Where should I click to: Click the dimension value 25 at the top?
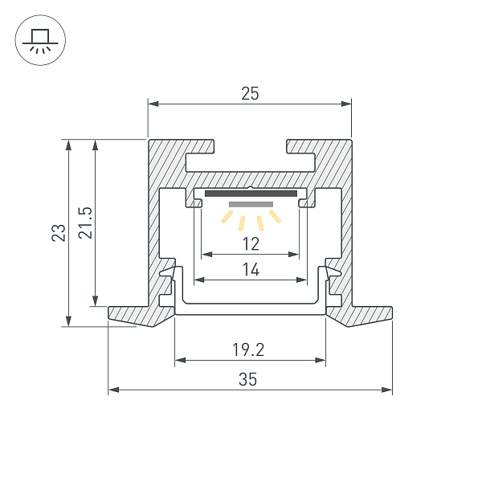click(250, 94)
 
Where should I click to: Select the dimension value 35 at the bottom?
click(248, 380)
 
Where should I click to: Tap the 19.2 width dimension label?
click(249, 349)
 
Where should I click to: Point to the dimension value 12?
click(251, 243)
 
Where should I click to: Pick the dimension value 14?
click(251, 270)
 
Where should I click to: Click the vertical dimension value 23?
click(58, 233)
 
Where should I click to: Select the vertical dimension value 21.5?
click(85, 223)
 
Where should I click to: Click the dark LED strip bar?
click(251, 194)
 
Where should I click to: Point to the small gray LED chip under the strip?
click(251, 205)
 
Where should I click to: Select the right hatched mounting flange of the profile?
click(366, 314)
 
